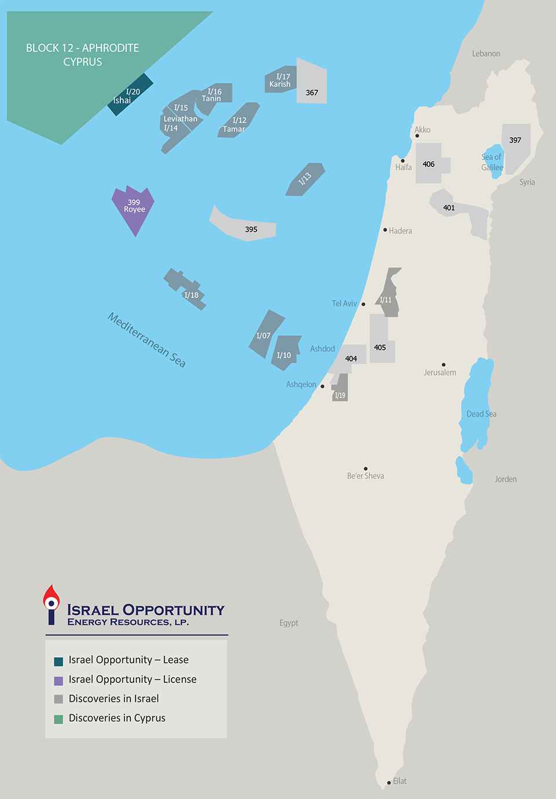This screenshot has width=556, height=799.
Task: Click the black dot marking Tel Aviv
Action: coord(363,304)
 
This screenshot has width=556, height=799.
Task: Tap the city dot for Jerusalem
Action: coord(444,365)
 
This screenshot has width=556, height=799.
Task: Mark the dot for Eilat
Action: coord(389,783)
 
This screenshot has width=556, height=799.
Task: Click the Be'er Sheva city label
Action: coord(365,476)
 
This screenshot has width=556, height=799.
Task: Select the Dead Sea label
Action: coord(481,414)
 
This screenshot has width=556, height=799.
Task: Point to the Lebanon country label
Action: coord(486,54)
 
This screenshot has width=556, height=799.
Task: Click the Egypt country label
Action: coord(288,623)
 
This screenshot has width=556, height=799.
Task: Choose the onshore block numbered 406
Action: coord(429,164)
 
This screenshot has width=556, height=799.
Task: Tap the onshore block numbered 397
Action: coord(515,142)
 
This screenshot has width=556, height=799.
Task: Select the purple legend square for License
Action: coord(58,681)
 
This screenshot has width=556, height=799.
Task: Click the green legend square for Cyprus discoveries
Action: coord(58,719)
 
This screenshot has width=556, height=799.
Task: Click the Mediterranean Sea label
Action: coord(147,340)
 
